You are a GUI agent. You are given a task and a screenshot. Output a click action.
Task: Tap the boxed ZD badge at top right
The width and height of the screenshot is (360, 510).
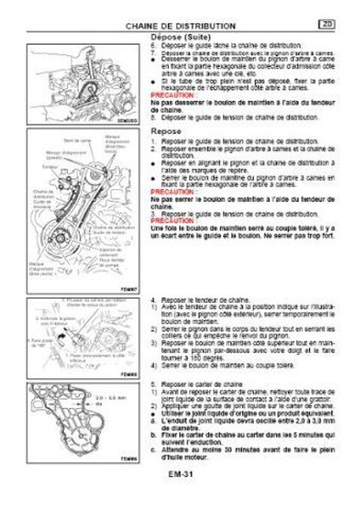328,25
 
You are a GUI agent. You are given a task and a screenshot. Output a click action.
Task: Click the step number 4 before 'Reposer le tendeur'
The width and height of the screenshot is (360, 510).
153,298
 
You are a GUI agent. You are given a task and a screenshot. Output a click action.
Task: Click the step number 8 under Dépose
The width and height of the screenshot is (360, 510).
153,117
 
